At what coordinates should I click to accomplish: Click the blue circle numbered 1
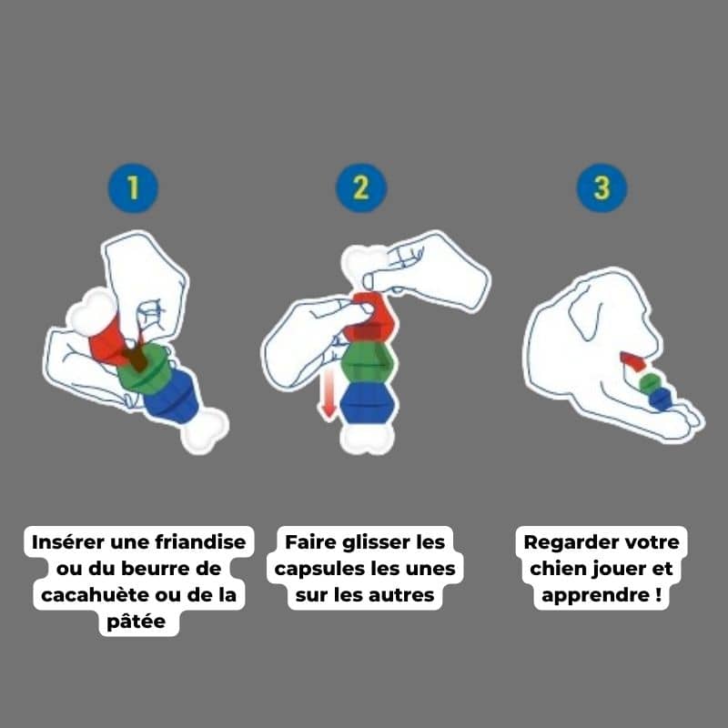[133, 188]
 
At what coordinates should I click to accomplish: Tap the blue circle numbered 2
[361, 188]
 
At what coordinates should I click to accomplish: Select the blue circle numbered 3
[602, 188]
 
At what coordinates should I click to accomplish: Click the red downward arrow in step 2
[329, 395]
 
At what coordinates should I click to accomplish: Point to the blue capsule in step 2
[369, 403]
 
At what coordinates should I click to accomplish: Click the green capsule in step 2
[369, 362]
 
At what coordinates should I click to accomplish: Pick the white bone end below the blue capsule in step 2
[368, 440]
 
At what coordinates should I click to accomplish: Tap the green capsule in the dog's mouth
[650, 382]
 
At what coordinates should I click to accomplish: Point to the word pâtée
[136, 622]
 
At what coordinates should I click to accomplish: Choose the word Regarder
[562, 542]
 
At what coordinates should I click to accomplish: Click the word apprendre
[595, 596]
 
